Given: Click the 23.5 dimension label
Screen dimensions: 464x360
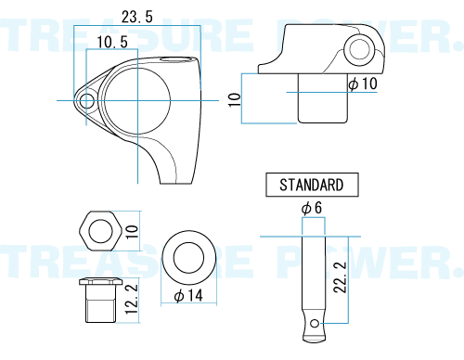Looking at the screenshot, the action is [x=137, y=17].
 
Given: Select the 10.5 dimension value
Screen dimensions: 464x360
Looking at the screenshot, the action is [x=112, y=42].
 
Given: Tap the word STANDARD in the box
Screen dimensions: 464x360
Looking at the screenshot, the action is [x=312, y=185].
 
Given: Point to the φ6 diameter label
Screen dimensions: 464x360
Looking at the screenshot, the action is [x=312, y=208].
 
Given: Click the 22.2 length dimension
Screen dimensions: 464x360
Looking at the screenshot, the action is [x=341, y=277].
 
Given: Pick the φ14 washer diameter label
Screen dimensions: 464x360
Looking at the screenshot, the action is [x=188, y=295].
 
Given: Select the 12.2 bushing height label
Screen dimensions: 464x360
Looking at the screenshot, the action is [x=131, y=299].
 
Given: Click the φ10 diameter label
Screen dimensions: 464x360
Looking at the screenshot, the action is [x=363, y=84].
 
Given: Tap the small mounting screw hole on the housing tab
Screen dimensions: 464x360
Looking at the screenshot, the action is [x=87, y=101].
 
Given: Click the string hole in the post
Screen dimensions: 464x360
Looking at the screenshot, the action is [x=315, y=324].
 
